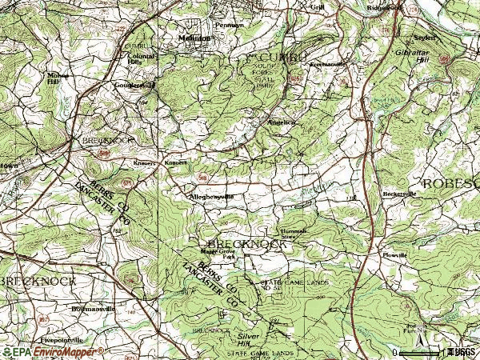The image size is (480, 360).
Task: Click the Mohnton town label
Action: pos(194,38)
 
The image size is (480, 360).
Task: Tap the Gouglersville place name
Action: pos(134,84)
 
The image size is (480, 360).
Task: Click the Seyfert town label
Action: pos(425,38)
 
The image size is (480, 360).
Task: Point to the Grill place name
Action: pos(317,7)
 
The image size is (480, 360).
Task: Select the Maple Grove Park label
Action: pos(217,254)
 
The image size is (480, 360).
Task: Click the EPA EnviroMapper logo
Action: pos(53,351)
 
